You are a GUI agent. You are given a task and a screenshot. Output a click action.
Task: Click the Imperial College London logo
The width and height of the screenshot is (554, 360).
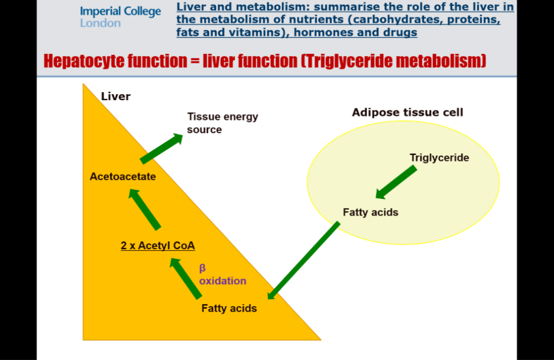[x=120, y=17]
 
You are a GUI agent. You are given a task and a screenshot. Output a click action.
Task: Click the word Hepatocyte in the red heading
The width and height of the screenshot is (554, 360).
[x=81, y=61]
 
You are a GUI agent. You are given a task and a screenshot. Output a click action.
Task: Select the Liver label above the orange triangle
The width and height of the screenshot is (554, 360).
[x=116, y=96]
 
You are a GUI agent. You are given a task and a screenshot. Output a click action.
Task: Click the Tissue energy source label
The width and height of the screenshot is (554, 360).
[x=222, y=123]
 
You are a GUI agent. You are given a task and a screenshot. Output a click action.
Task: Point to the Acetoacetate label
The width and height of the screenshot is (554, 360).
[x=123, y=176]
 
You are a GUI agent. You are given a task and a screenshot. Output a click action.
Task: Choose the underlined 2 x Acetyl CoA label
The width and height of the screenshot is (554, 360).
[x=158, y=245]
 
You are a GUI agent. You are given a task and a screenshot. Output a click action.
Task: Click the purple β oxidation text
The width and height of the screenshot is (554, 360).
[x=222, y=275]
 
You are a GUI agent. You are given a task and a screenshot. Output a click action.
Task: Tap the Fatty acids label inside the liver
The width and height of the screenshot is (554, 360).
[x=229, y=308]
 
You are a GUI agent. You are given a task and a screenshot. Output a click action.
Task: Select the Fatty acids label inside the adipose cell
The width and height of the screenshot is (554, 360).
[x=370, y=212]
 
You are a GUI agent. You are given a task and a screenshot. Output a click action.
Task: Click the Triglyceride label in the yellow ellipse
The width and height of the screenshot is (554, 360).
[x=439, y=158]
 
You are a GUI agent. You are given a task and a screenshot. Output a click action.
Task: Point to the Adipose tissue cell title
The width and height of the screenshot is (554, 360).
[x=407, y=112]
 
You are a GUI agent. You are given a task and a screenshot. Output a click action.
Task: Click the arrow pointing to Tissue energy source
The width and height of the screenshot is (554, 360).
[x=162, y=148]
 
